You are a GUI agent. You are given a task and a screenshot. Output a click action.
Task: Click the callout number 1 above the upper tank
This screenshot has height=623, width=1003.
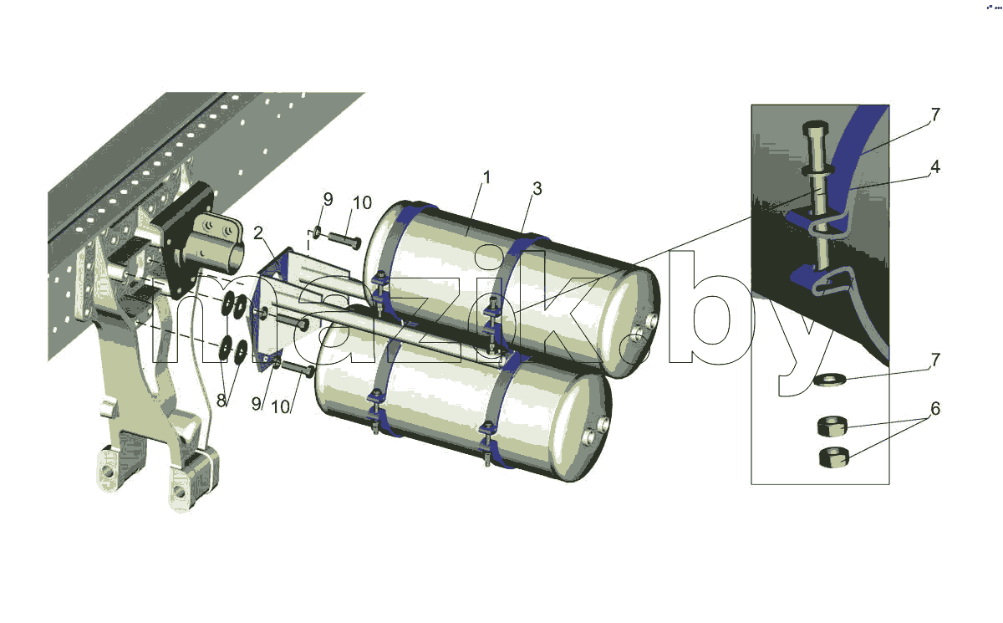(486, 177)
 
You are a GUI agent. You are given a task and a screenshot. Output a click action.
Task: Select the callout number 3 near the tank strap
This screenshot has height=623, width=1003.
(537, 188)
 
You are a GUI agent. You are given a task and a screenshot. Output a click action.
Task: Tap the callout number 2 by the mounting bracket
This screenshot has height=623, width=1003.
(258, 233)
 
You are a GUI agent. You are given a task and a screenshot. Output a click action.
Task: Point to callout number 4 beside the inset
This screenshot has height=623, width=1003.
(934, 167)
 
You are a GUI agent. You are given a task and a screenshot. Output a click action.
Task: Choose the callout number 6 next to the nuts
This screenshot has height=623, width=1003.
(935, 408)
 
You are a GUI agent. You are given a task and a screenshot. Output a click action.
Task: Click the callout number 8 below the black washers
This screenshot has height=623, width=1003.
(221, 401)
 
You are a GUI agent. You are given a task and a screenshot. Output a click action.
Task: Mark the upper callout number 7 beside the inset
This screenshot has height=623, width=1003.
(935, 115)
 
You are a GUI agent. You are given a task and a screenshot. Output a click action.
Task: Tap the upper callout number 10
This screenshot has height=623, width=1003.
(362, 203)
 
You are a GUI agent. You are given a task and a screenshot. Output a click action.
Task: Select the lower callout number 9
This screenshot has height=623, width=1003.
(256, 404)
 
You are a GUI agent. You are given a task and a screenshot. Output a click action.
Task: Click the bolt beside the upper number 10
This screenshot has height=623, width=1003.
(344, 240)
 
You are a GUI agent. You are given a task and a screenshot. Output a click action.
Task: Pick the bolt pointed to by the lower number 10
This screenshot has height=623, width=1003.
(298, 370)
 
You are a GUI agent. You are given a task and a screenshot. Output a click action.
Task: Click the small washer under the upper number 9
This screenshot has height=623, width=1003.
(316, 232)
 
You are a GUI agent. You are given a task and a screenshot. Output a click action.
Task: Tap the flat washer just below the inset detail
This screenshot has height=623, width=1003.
(829, 380)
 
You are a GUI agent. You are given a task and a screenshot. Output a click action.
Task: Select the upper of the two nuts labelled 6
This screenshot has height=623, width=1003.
(832, 426)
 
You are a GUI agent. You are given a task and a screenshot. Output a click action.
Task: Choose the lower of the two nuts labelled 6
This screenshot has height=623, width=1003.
(833, 457)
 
